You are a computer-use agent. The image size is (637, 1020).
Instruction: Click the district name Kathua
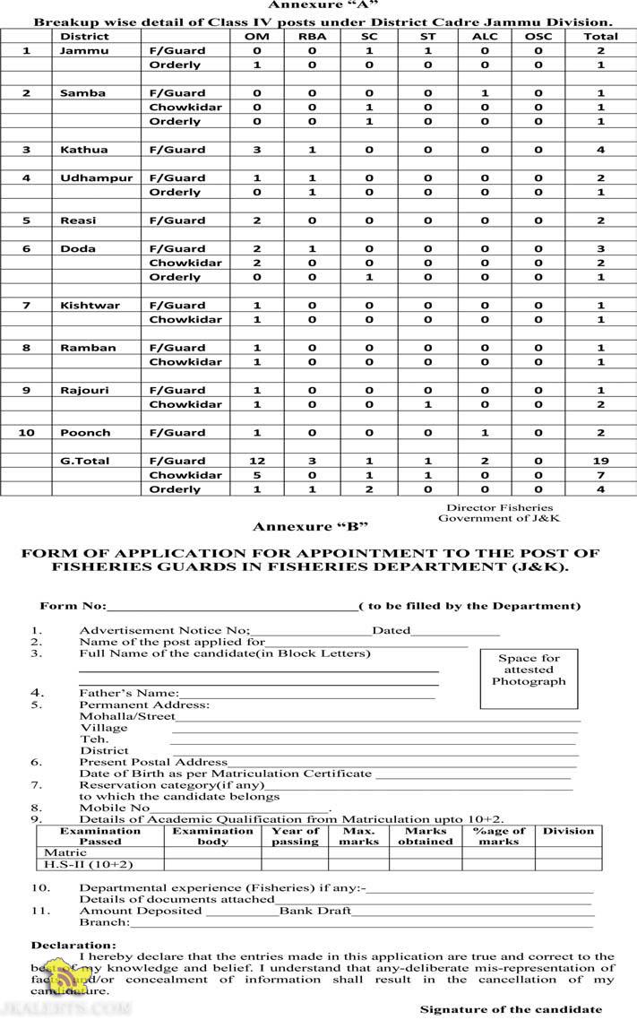click(x=83, y=150)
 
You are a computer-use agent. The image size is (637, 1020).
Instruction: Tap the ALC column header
click(x=485, y=36)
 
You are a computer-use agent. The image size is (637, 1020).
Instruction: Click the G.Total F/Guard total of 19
click(x=600, y=461)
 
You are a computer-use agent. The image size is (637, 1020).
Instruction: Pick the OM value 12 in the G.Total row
click(x=257, y=461)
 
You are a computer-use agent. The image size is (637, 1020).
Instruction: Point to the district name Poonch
click(x=85, y=433)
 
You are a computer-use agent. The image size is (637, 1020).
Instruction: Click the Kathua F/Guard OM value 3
click(x=257, y=150)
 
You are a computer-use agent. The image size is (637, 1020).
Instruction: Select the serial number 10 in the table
click(x=26, y=433)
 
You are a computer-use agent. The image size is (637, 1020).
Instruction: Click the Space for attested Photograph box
click(x=529, y=670)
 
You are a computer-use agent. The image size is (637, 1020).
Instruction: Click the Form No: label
click(x=73, y=606)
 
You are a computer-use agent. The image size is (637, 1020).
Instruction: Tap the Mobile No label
click(x=115, y=808)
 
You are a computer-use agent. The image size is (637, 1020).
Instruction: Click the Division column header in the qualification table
click(x=568, y=831)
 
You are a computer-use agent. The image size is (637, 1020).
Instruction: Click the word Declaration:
click(x=73, y=945)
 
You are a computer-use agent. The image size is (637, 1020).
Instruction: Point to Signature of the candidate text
click(x=511, y=1009)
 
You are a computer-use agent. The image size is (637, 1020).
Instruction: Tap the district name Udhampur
click(x=96, y=178)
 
